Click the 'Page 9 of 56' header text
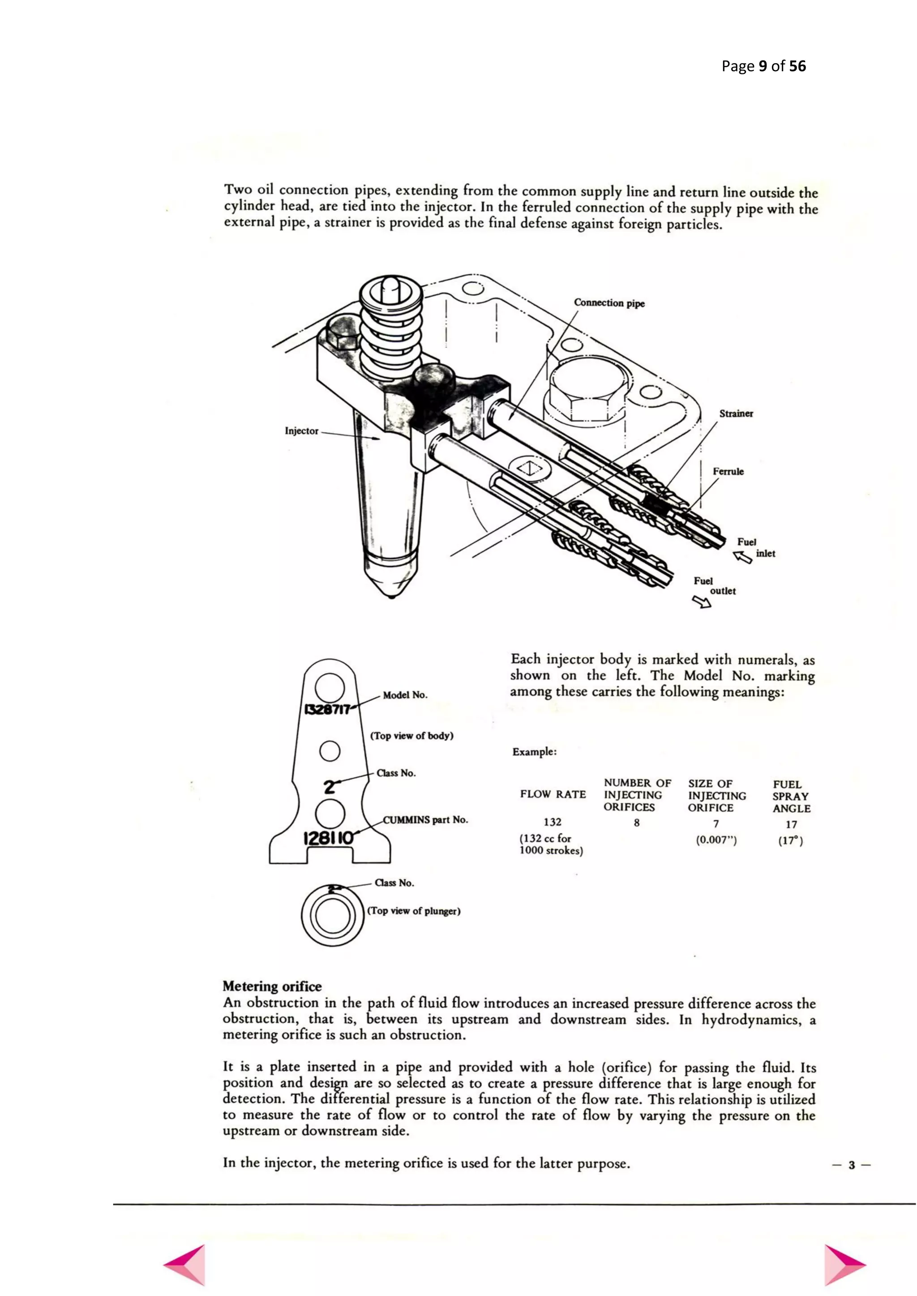763,67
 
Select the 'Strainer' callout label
736,414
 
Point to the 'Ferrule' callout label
728,471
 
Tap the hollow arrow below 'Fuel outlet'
703,603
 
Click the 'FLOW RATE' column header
553,794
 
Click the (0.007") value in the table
716,840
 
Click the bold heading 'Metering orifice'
272,986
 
